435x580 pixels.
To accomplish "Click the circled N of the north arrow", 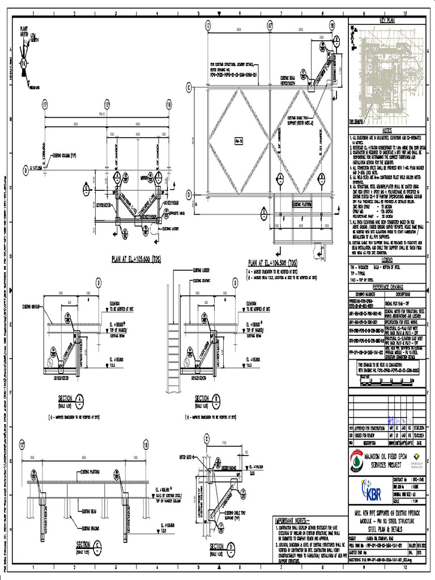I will click(23, 63).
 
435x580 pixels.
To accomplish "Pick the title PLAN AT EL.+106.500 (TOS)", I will click(272, 262).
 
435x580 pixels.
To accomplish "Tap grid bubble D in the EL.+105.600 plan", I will click(25, 169).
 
